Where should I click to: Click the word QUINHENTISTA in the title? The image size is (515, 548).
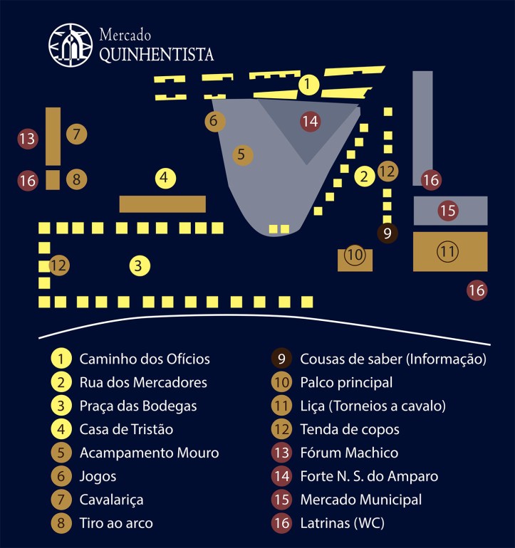click(x=156, y=54)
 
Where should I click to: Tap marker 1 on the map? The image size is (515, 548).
click(x=308, y=85)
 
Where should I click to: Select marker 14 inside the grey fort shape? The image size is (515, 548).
click(x=309, y=121)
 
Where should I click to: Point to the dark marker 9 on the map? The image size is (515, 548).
click(x=387, y=232)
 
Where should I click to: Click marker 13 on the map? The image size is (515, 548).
click(x=28, y=138)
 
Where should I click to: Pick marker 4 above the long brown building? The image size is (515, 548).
click(x=165, y=177)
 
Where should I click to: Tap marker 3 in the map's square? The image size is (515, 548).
click(x=140, y=266)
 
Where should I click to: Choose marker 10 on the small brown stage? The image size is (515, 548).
click(x=354, y=254)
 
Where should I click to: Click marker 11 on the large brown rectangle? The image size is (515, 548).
click(x=447, y=251)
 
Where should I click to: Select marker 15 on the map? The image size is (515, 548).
click(x=447, y=211)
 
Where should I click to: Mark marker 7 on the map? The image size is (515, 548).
click(x=76, y=133)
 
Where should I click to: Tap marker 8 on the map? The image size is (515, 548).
click(x=76, y=180)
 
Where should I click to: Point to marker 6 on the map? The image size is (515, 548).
click(x=214, y=121)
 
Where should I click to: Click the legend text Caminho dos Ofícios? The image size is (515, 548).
click(x=145, y=359)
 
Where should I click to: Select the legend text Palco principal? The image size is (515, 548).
click(x=346, y=382)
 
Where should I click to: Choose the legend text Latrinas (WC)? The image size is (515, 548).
click(x=342, y=523)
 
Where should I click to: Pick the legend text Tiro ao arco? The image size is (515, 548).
click(x=116, y=523)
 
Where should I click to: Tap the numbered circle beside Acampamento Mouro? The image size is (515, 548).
click(x=62, y=453)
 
